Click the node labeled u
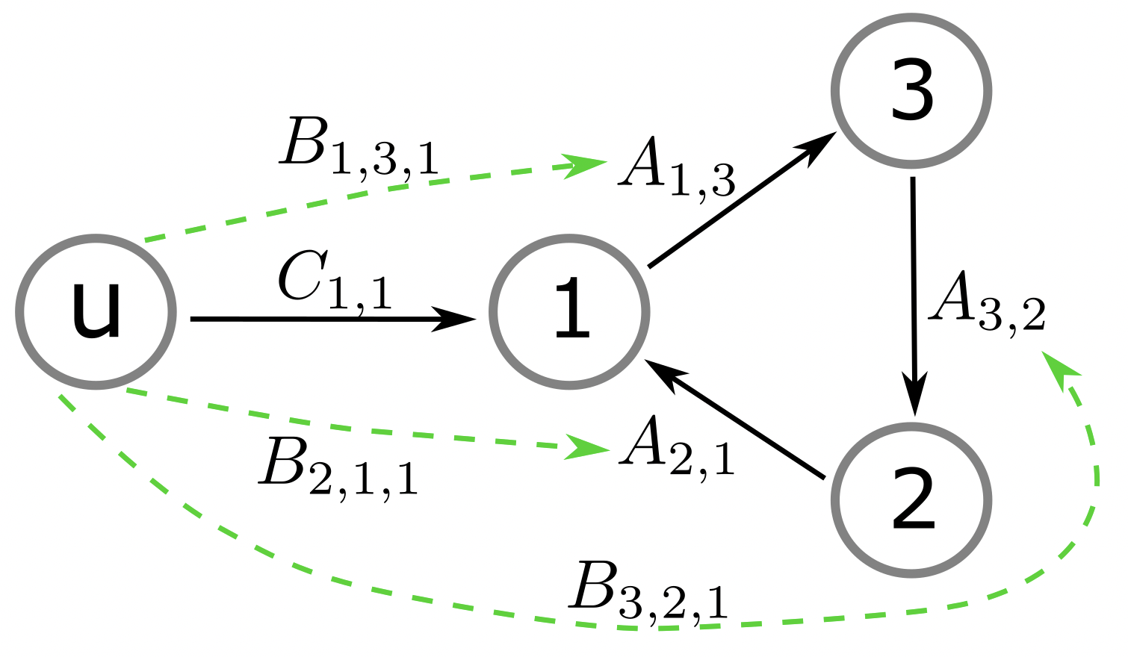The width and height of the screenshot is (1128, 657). pos(96,311)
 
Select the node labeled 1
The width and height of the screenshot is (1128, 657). pos(569,311)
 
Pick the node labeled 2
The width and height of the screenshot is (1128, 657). pos(911,499)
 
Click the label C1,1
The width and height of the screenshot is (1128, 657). pos(334,281)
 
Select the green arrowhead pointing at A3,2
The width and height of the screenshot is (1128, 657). pos(1061,369)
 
